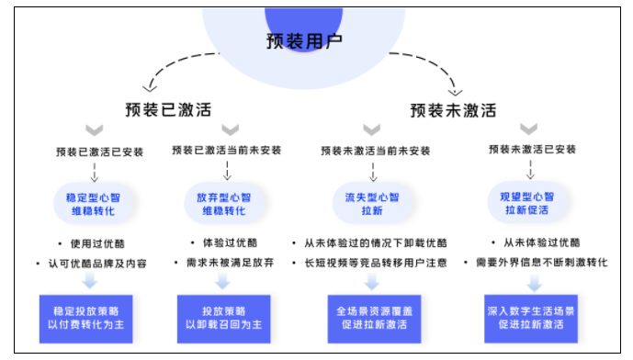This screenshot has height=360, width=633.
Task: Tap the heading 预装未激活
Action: click(x=453, y=110)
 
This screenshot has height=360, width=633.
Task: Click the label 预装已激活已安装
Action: click(x=99, y=151)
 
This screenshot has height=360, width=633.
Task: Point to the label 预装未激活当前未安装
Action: click(x=373, y=151)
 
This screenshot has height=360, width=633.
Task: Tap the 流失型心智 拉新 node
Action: click(x=372, y=204)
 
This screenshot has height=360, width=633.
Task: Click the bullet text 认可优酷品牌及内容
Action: click(x=103, y=264)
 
